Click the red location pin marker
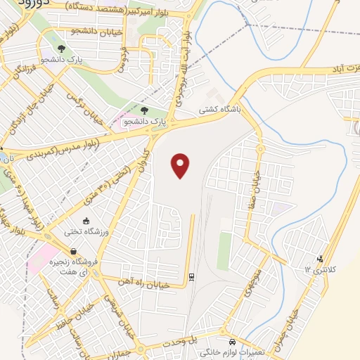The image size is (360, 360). coord(181,165)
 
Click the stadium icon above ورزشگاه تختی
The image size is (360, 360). coord(86,221)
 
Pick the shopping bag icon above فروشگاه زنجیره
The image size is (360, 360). coord(73,251)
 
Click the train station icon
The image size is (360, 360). coord(191,275)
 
